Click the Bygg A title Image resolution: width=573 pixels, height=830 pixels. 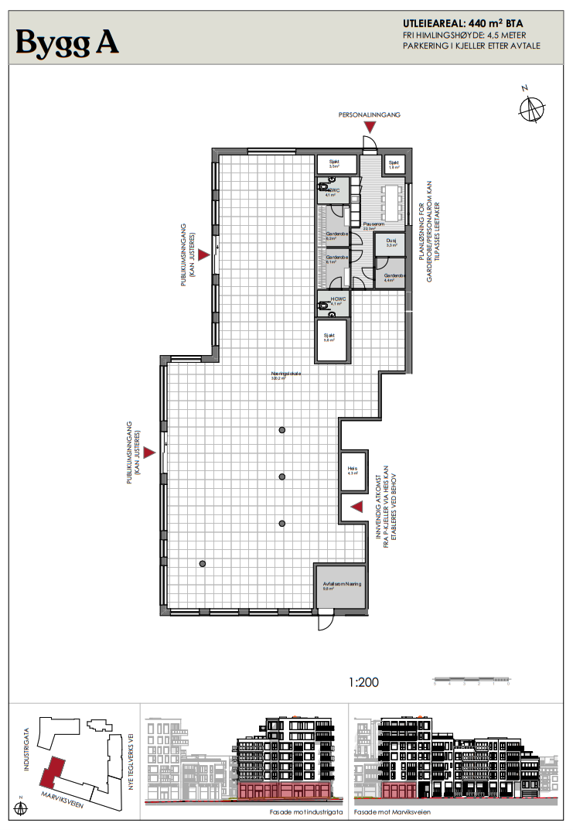pyautogui.click(x=67, y=42)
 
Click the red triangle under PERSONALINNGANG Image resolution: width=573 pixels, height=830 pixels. pyautogui.click(x=370, y=135)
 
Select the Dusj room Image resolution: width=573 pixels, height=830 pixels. pyautogui.click(x=391, y=243)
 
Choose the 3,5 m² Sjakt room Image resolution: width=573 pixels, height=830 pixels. pyautogui.click(x=336, y=164)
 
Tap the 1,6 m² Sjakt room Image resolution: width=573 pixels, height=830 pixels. pyautogui.click(x=394, y=163)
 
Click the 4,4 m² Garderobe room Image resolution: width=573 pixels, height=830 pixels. pyautogui.click(x=394, y=277)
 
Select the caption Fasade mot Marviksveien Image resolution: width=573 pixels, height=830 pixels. pyautogui.click(x=393, y=812)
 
